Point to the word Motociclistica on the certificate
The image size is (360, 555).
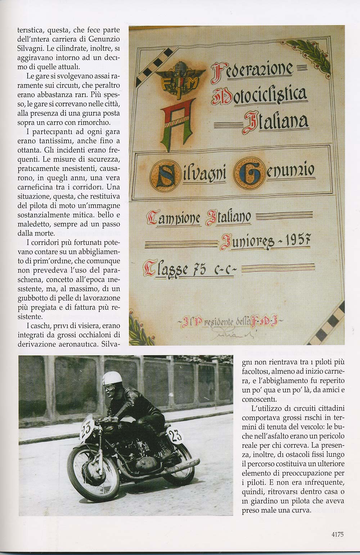click(x=260, y=94)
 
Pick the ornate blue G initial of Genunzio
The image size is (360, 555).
click(x=248, y=173)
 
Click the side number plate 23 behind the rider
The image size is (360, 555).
click(x=175, y=435)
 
